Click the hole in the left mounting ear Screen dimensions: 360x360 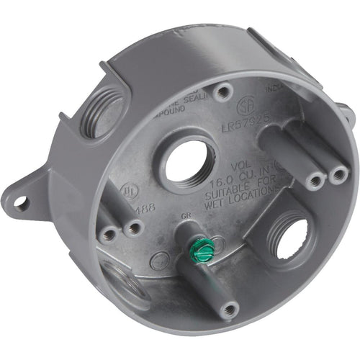tap(22, 204)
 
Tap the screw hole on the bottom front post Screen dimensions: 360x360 tap(229, 310)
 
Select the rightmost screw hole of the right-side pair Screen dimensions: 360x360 tap(335, 175)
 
